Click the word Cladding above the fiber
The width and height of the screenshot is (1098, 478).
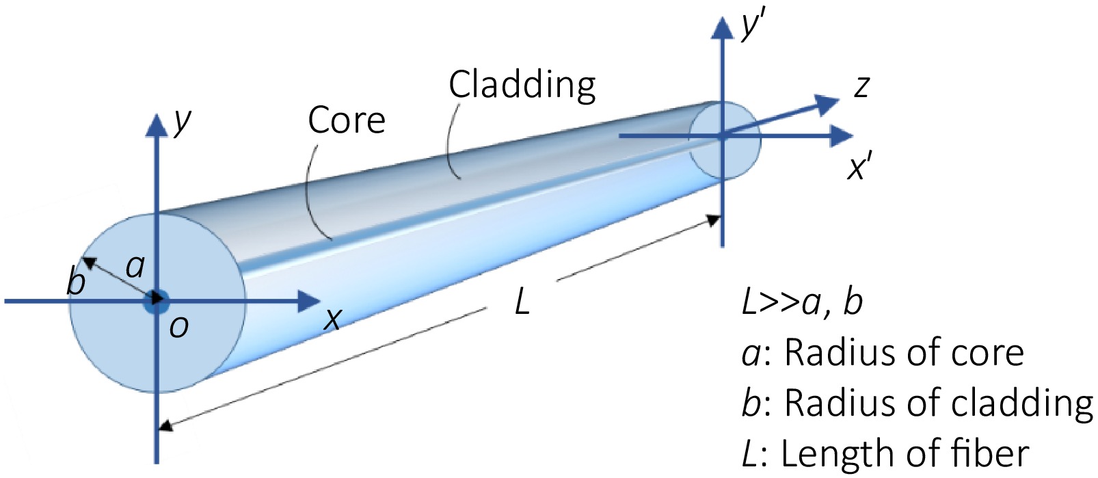click(522, 85)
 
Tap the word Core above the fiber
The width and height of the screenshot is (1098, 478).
click(347, 120)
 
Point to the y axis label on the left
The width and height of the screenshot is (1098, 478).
click(183, 122)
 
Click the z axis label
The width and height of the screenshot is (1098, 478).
click(861, 88)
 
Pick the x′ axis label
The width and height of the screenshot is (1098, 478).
click(859, 168)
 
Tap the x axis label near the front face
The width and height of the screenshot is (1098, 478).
click(333, 319)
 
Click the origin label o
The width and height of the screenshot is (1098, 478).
click(178, 328)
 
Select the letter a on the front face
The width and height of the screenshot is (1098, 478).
click(135, 265)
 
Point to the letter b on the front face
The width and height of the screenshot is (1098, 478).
click(76, 280)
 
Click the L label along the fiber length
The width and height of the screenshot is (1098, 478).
click(522, 302)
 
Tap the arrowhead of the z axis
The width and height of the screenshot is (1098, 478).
click(828, 103)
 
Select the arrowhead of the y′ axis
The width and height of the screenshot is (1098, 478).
click(722, 27)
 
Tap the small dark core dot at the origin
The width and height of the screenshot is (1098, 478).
click(157, 301)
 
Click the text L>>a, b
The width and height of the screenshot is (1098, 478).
click(802, 302)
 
